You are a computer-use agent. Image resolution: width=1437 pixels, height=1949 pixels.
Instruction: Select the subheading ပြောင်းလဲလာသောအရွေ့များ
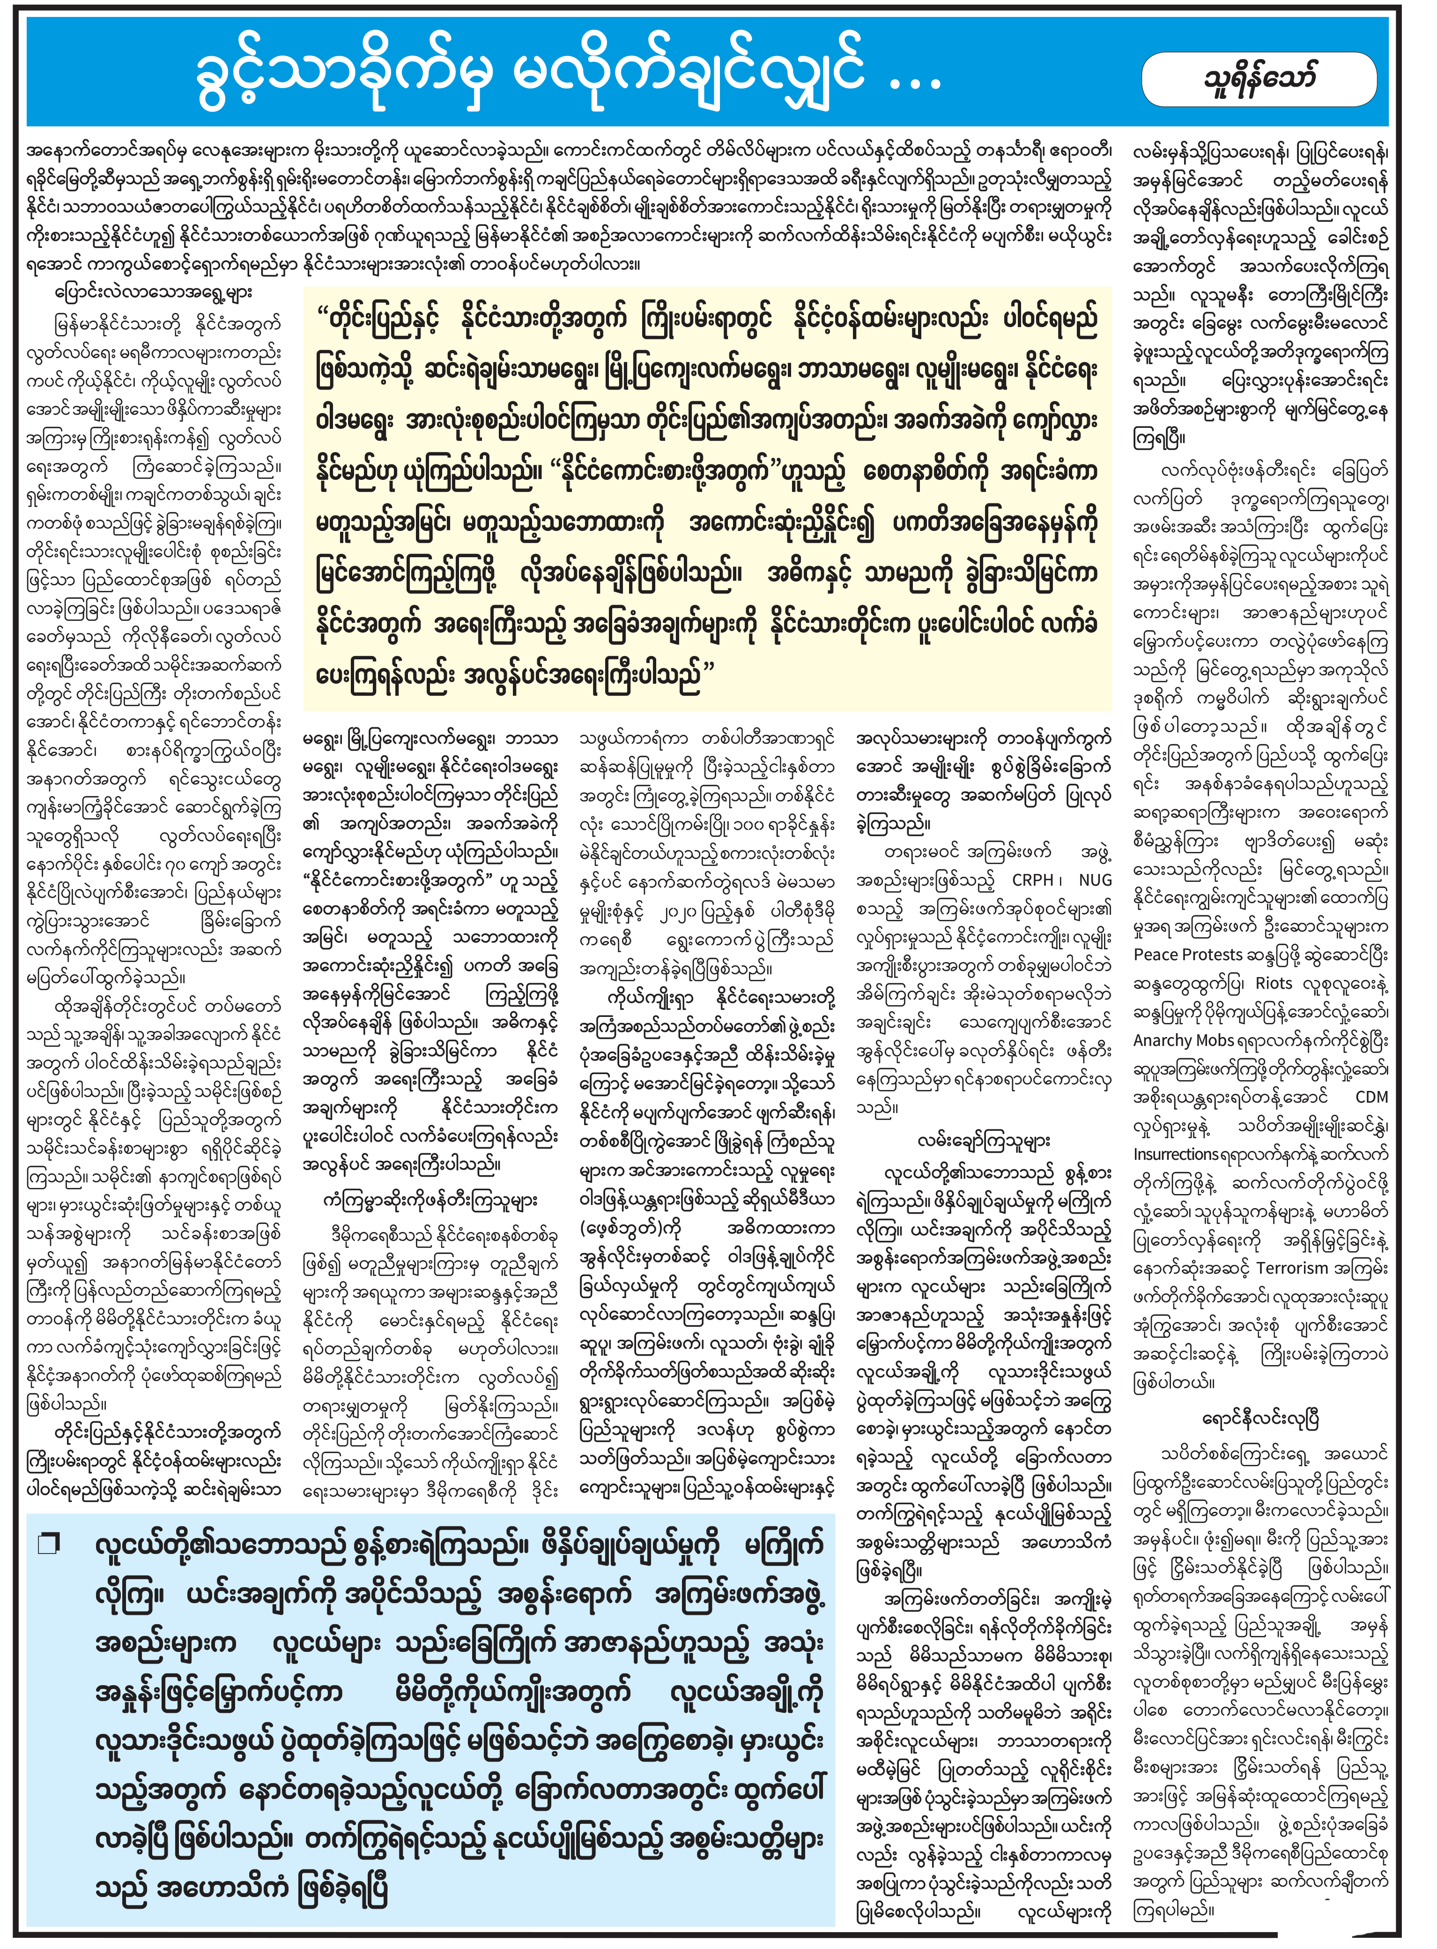[153, 292]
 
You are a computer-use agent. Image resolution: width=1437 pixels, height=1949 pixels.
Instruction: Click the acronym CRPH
[1032, 881]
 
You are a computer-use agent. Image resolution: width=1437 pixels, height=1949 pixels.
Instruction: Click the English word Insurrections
[1186, 1155]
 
